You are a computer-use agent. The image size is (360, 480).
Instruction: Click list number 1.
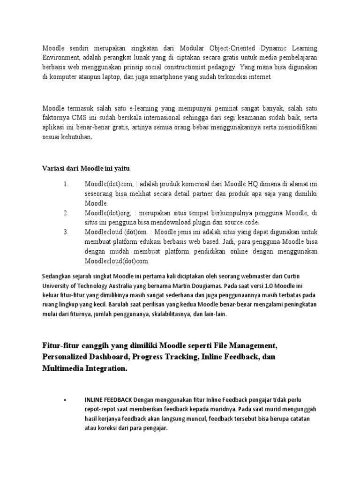tap(66, 185)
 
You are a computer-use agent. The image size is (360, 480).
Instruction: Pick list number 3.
tap(66, 232)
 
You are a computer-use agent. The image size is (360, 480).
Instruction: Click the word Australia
tap(133, 285)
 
